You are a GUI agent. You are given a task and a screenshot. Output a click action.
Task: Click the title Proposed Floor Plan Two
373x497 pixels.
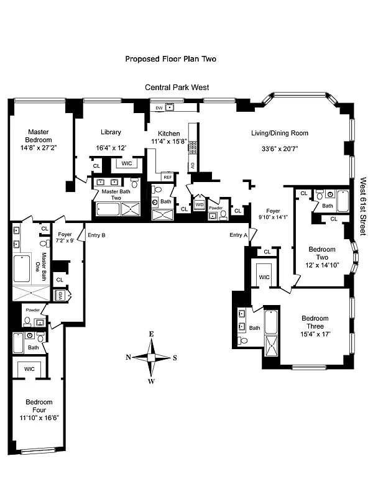pyautogui.click(x=170, y=59)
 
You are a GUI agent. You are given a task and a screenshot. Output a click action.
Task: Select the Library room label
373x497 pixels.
pyautogui.click(x=111, y=132)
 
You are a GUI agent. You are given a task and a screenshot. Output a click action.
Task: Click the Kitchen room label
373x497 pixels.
pyautogui.click(x=168, y=134)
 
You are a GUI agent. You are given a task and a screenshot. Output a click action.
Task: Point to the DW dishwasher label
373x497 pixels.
pyautogui.click(x=159, y=107)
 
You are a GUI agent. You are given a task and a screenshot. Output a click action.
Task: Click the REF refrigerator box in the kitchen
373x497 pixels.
pyautogui.click(x=167, y=177)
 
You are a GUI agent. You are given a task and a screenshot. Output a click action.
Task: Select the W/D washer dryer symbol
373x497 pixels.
pyautogui.click(x=200, y=204)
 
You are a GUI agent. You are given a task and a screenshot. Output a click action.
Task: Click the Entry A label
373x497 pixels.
pyautogui.click(x=238, y=235)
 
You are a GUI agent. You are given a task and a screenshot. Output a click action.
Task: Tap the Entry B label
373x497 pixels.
pyautogui.click(x=96, y=235)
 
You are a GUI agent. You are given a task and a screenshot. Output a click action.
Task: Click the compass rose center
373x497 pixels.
pyautogui.click(x=151, y=357)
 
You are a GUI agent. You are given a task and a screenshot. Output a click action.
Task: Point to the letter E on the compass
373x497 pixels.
pyautogui.click(x=151, y=334)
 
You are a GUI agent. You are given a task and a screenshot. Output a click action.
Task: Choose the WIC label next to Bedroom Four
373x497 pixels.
pyautogui.click(x=29, y=369)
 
